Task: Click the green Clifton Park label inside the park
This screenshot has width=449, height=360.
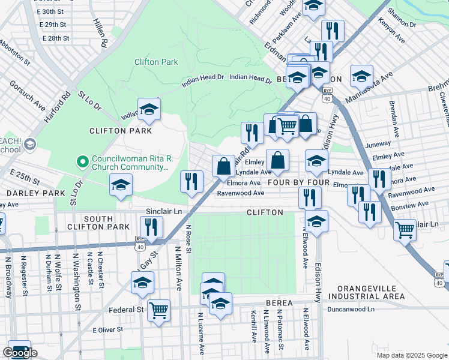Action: pyautogui.click(x=156, y=62)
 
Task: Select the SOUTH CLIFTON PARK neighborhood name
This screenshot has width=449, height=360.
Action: pyautogui.click(x=106, y=222)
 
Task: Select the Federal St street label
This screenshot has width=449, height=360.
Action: pyautogui.click(x=127, y=310)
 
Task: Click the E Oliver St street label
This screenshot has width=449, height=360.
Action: pyautogui.click(x=107, y=329)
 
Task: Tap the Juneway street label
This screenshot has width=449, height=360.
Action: pyautogui.click(x=378, y=144)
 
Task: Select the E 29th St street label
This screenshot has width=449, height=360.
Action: pyautogui.click(x=53, y=25)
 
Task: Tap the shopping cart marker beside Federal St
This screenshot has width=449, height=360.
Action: pyautogui.click(x=158, y=310)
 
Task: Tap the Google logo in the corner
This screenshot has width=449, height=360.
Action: pyautogui.click(x=20, y=353)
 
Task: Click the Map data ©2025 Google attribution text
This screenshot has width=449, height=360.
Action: pyautogui.click(x=411, y=355)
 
